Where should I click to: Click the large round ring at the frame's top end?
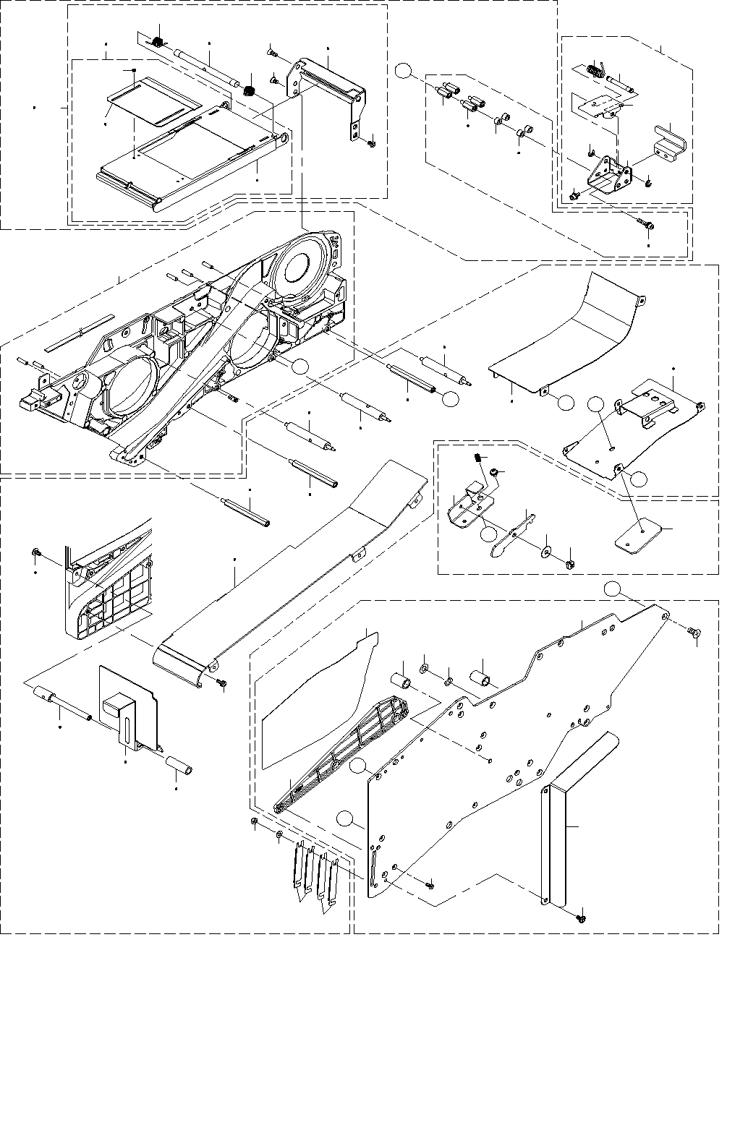pos(297,265)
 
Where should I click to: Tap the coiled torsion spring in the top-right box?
pos(596,69)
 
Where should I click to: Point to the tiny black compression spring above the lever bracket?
pos(478,458)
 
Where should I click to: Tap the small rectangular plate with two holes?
pos(637,536)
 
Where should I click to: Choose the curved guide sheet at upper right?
pos(571,333)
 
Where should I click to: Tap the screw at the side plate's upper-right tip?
pos(695,633)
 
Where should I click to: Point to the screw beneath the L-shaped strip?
pos(581,917)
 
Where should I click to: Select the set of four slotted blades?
pos(315,875)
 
